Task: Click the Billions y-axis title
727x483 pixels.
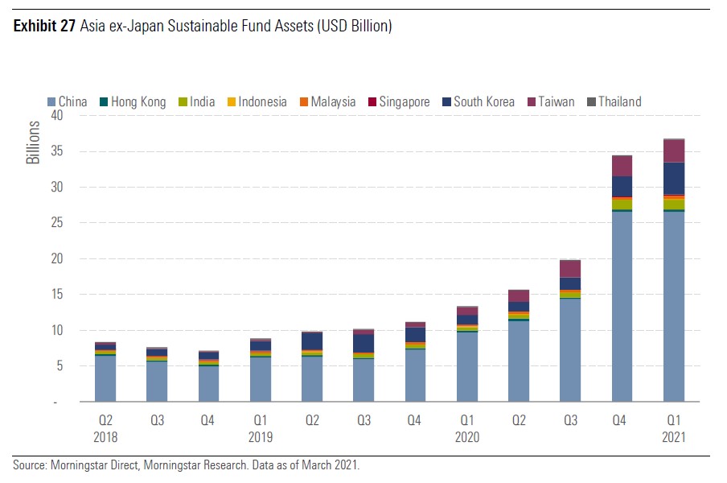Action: pyautogui.click(x=33, y=142)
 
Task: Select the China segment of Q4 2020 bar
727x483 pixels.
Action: pyautogui.click(x=622, y=306)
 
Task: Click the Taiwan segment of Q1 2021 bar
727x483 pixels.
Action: pyautogui.click(x=673, y=151)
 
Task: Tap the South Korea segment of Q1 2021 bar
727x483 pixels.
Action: pyautogui.click(x=673, y=178)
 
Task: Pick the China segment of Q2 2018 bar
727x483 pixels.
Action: pyautogui.click(x=105, y=378)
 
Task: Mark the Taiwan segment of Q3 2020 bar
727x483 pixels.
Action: pyautogui.click(x=570, y=269)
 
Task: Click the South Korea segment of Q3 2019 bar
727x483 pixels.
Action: pyautogui.click(x=363, y=343)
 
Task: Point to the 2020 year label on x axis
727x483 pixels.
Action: pyautogui.click(x=467, y=437)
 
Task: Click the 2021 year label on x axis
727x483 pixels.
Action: pyautogui.click(x=673, y=437)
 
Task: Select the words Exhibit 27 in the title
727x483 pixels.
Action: pyautogui.click(x=43, y=27)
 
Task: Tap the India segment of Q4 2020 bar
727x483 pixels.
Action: pyautogui.click(x=622, y=204)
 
